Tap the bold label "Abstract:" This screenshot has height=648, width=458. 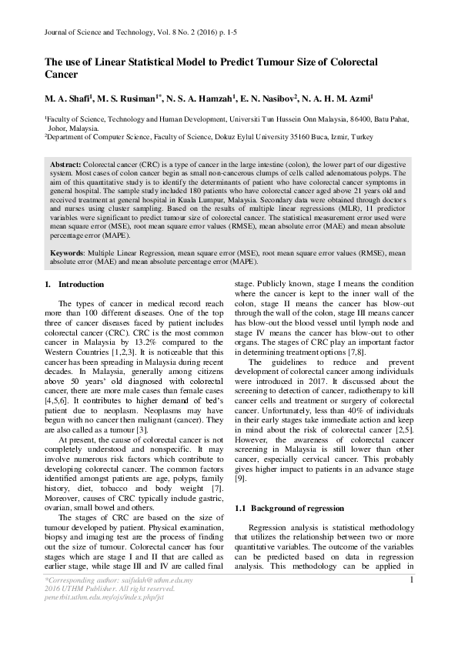click(66, 165)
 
